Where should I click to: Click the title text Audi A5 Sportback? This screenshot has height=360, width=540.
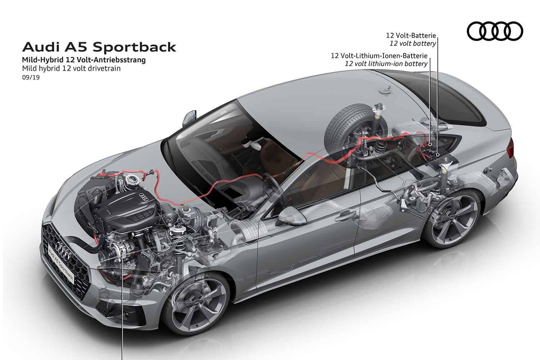99,47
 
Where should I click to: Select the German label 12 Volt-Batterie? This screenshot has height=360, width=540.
411,36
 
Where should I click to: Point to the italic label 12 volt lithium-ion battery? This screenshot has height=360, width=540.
386,64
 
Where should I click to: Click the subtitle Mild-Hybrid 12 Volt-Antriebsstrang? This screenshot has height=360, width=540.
84,60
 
